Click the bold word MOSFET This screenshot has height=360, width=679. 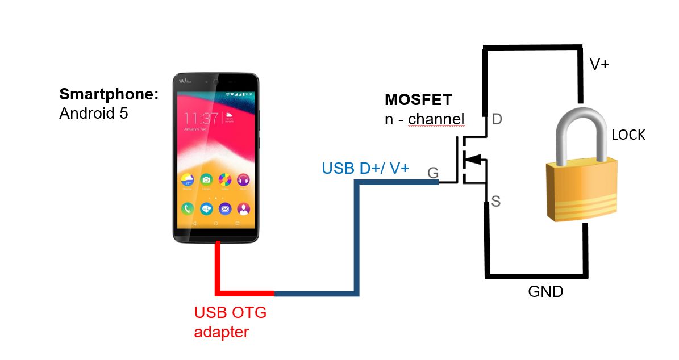(x=418, y=100)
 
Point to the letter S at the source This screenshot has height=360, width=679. (x=495, y=202)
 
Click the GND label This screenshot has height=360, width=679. (x=545, y=292)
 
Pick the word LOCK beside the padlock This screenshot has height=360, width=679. (x=628, y=135)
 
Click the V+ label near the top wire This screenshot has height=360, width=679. (x=599, y=65)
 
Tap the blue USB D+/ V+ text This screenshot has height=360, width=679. (x=365, y=168)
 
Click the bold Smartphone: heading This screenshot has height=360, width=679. (x=109, y=94)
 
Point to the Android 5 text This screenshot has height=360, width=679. (x=94, y=114)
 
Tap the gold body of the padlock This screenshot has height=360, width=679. (x=581, y=190)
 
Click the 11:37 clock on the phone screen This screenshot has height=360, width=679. (x=201, y=119)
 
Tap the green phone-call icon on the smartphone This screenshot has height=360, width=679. (x=188, y=208)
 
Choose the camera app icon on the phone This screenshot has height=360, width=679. (x=206, y=180)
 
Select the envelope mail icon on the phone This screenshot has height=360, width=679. (x=225, y=208)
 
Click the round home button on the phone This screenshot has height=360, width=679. (x=216, y=224)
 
